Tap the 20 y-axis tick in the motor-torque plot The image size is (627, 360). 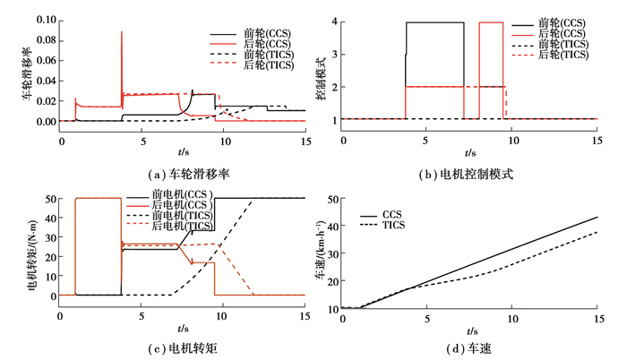48,256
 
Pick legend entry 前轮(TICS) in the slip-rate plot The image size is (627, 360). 274,55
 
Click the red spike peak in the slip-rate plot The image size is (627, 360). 122,32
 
